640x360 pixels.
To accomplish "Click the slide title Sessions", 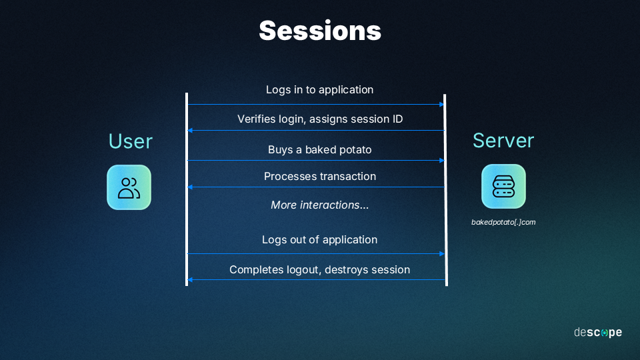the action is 320,31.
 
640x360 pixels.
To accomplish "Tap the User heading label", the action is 131,141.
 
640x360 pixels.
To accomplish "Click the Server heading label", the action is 503,141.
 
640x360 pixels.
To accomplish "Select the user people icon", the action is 129,187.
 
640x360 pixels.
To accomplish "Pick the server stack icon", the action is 504,187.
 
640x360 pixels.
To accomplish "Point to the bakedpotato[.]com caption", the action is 503,222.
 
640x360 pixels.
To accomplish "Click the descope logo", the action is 598,332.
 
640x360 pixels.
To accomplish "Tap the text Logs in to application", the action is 319,90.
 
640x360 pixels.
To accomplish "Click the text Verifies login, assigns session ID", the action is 320,119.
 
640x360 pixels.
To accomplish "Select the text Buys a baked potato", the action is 319,150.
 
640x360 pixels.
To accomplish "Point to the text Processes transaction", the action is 320,176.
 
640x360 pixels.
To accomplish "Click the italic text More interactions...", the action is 319,205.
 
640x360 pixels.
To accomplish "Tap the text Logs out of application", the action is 319,239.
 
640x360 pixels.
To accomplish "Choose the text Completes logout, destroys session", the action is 319,270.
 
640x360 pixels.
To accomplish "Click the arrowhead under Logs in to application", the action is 441,105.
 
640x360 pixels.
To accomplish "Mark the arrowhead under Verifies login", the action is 190,131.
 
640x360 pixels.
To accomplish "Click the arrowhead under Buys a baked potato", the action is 441,161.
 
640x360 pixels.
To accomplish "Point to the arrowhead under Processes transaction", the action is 190,187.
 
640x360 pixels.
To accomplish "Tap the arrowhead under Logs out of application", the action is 441,254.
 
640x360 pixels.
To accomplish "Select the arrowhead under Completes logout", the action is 190,279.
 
